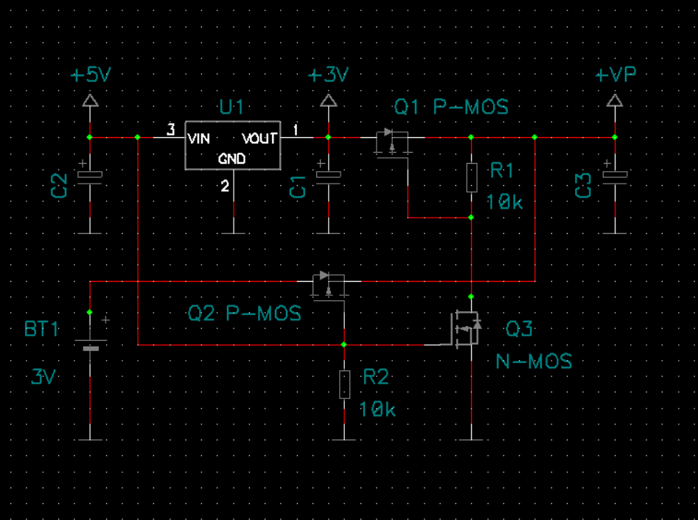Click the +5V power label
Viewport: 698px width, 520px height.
(91, 74)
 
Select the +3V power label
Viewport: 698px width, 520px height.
(329, 74)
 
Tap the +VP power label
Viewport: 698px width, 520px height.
(615, 74)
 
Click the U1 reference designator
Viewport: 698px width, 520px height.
(231, 107)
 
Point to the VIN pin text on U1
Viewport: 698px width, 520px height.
(198, 139)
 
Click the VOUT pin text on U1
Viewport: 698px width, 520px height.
(260, 139)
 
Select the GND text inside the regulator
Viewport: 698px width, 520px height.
(232, 159)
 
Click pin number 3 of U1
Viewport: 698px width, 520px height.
(171, 130)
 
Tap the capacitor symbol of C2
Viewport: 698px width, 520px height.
(90, 174)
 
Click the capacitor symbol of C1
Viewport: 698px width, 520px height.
(329, 174)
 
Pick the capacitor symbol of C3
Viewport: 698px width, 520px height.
(615, 174)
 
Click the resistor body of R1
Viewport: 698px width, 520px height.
(472, 177)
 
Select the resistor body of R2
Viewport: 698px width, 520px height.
(344, 384)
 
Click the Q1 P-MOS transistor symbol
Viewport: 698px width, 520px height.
(392, 142)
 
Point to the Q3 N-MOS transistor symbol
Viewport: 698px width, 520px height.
(466, 328)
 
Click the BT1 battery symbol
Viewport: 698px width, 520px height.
(91, 344)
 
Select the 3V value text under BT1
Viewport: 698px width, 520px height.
(43, 377)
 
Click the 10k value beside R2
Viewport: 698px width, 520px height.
(377, 409)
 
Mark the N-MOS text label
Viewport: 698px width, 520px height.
(534, 361)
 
